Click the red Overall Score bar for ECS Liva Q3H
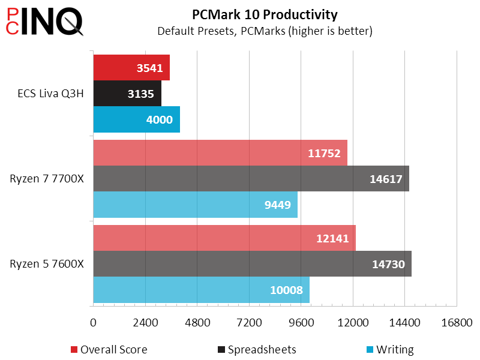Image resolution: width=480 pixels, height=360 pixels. point(131,68)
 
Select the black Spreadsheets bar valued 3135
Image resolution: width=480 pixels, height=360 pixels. point(127,94)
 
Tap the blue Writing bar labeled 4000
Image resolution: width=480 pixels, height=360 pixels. point(137,119)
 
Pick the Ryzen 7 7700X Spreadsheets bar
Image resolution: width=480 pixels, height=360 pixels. point(251,178)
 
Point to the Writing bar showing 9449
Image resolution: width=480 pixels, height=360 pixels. point(196,205)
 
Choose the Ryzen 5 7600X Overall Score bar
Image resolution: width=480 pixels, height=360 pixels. point(224,238)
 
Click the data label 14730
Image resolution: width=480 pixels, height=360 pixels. point(388,264)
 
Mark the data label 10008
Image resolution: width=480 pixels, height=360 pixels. point(287,290)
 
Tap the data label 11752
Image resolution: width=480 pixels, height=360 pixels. point(324,153)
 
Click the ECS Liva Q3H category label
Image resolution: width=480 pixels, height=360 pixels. point(50,94)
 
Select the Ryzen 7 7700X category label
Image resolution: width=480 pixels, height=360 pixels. point(47,178)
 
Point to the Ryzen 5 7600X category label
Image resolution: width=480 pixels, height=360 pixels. point(47,263)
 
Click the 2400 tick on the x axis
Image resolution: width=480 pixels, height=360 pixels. point(145,322)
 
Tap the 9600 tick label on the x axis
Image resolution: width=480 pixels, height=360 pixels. point(301,322)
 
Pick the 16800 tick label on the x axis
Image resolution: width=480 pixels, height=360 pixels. point(457,322)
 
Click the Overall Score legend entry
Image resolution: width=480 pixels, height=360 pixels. point(109,349)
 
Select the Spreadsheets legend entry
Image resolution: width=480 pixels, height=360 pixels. point(257,349)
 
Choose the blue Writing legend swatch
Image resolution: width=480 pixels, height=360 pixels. point(370,349)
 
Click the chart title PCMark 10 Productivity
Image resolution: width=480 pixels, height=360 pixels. point(265,14)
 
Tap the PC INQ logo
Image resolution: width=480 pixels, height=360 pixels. point(44,22)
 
